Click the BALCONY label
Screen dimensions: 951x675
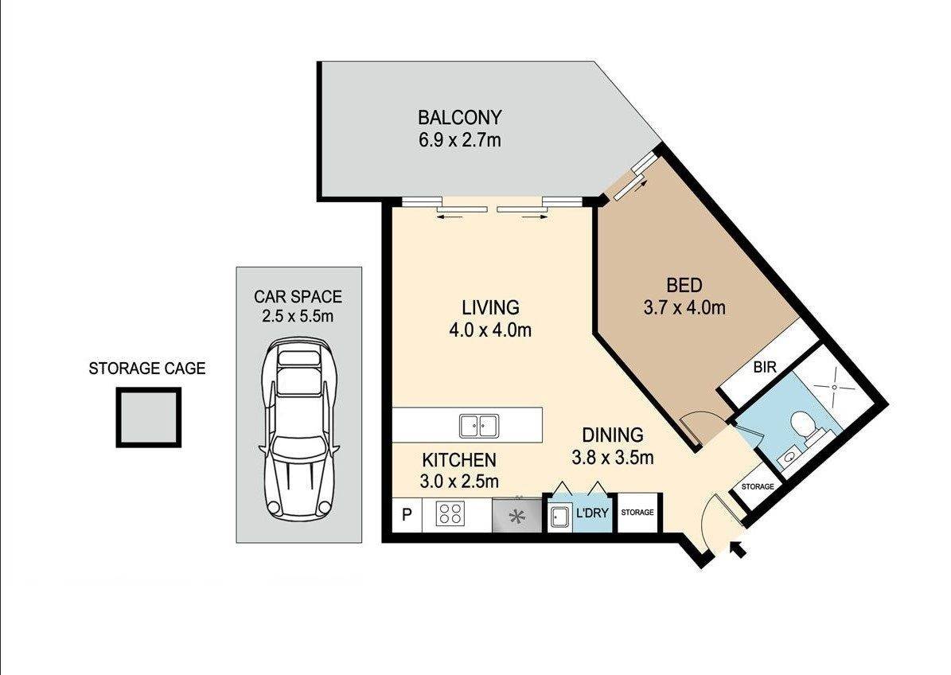pyautogui.click(x=460, y=116)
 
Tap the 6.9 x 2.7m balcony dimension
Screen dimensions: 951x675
pyautogui.click(x=460, y=141)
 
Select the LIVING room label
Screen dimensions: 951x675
pyautogui.click(x=491, y=307)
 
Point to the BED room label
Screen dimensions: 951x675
pyautogui.click(x=684, y=284)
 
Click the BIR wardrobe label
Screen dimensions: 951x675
pyautogui.click(x=765, y=367)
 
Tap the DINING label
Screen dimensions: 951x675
pyautogui.click(x=613, y=435)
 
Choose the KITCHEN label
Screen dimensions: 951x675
pyautogui.click(x=459, y=460)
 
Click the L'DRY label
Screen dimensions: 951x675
pyautogui.click(x=592, y=513)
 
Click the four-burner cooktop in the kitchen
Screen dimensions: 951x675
pyautogui.click(x=450, y=513)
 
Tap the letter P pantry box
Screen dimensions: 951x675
pyautogui.click(x=407, y=514)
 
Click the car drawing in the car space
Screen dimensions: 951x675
pyautogui.click(x=298, y=429)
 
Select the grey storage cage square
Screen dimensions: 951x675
pyautogui.click(x=149, y=418)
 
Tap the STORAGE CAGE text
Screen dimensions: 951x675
pyautogui.click(x=146, y=368)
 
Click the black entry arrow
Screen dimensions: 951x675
pyautogui.click(x=738, y=549)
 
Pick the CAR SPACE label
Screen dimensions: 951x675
pyautogui.click(x=298, y=297)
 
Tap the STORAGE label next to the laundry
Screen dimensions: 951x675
pyautogui.click(x=637, y=513)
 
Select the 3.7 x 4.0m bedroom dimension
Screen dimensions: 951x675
pyautogui.click(x=684, y=307)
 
